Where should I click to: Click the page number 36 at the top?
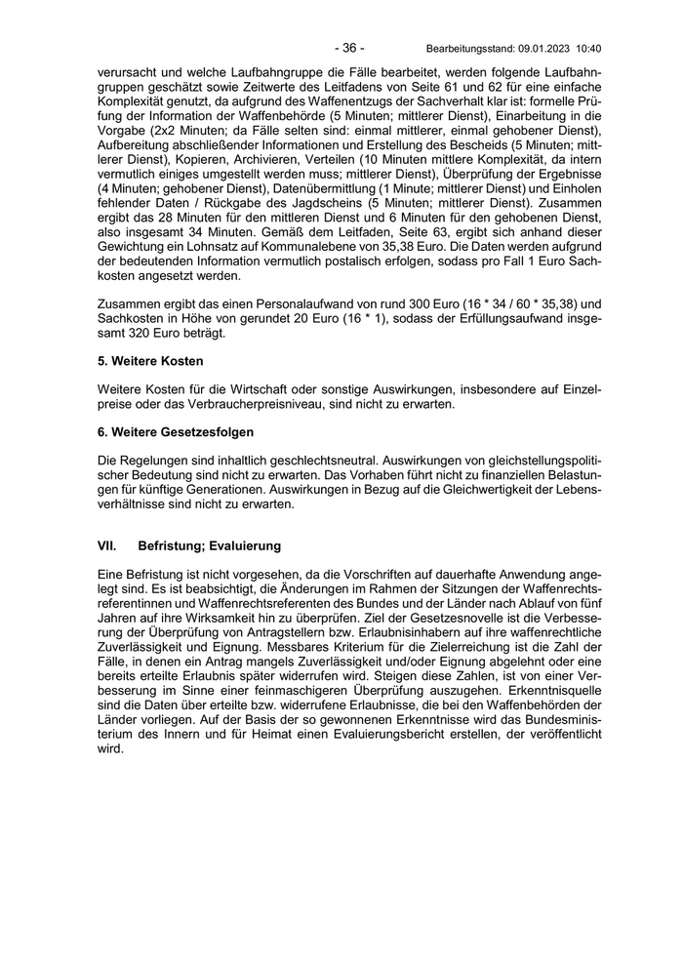(348, 48)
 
